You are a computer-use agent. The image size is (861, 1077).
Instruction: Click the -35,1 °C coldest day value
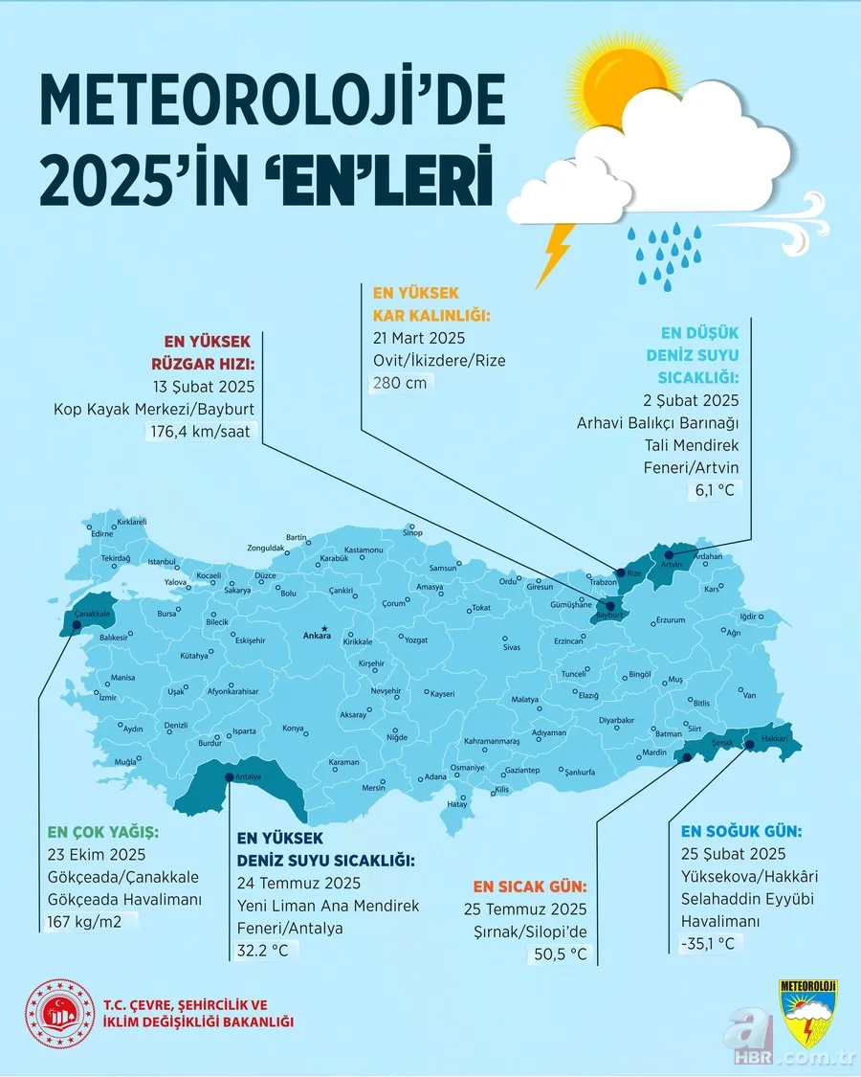[708, 943]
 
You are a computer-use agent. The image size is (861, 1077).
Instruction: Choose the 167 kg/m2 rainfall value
[89, 923]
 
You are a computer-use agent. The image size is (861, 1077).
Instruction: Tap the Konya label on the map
[293, 729]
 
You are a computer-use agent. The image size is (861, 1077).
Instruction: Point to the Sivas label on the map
[512, 648]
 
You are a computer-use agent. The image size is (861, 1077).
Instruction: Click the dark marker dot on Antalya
[229, 777]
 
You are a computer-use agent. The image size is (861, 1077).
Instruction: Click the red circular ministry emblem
[58, 1014]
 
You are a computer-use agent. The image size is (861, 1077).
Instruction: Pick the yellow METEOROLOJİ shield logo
[808, 1012]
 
